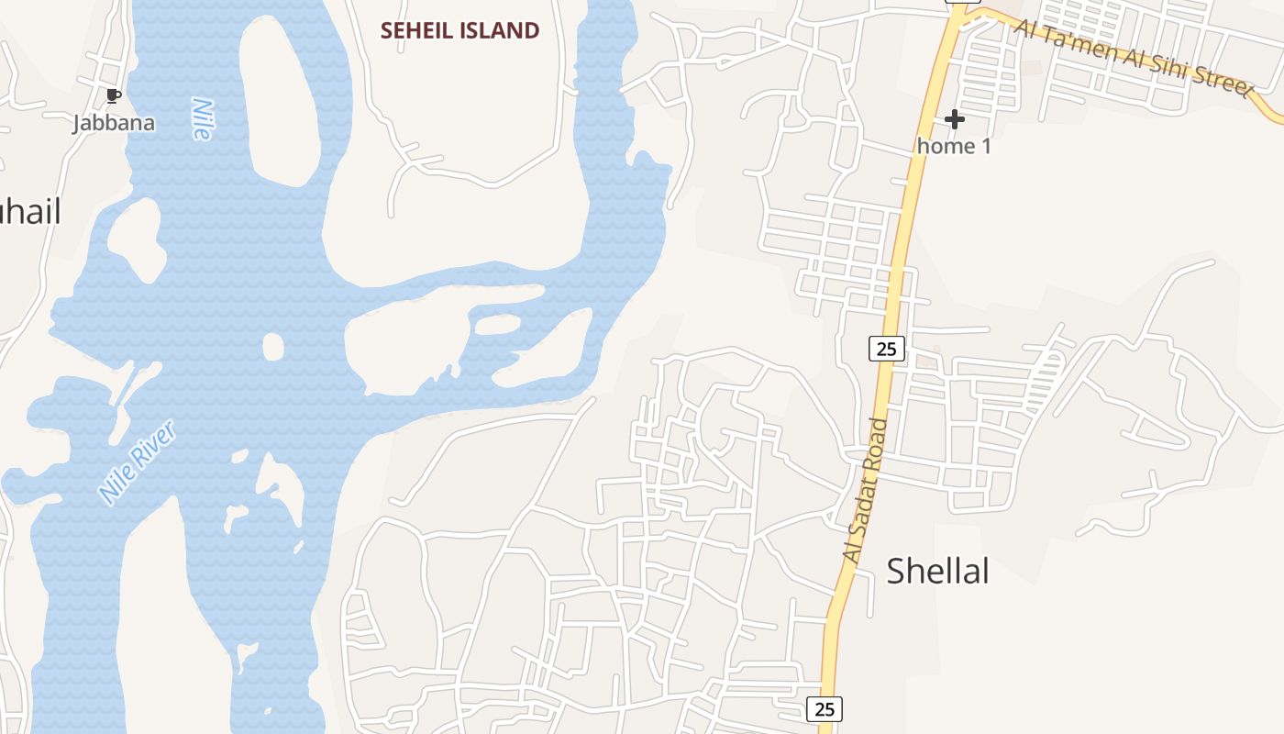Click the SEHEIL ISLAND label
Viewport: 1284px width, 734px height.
coord(459,30)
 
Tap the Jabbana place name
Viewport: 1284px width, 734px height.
coord(114,123)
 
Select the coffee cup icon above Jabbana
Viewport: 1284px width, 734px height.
coord(113,96)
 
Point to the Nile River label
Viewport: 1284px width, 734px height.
coord(137,462)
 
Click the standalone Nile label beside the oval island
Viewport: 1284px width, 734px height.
coord(202,118)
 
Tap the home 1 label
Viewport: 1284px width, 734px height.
coord(954,145)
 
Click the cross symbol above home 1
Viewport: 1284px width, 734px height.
coord(954,119)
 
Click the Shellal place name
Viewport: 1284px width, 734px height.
coord(937,571)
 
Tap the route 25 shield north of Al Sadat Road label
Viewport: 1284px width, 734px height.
coord(885,348)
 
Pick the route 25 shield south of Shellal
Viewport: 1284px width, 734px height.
coord(824,708)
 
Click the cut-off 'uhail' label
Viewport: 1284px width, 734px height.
coord(29,212)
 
